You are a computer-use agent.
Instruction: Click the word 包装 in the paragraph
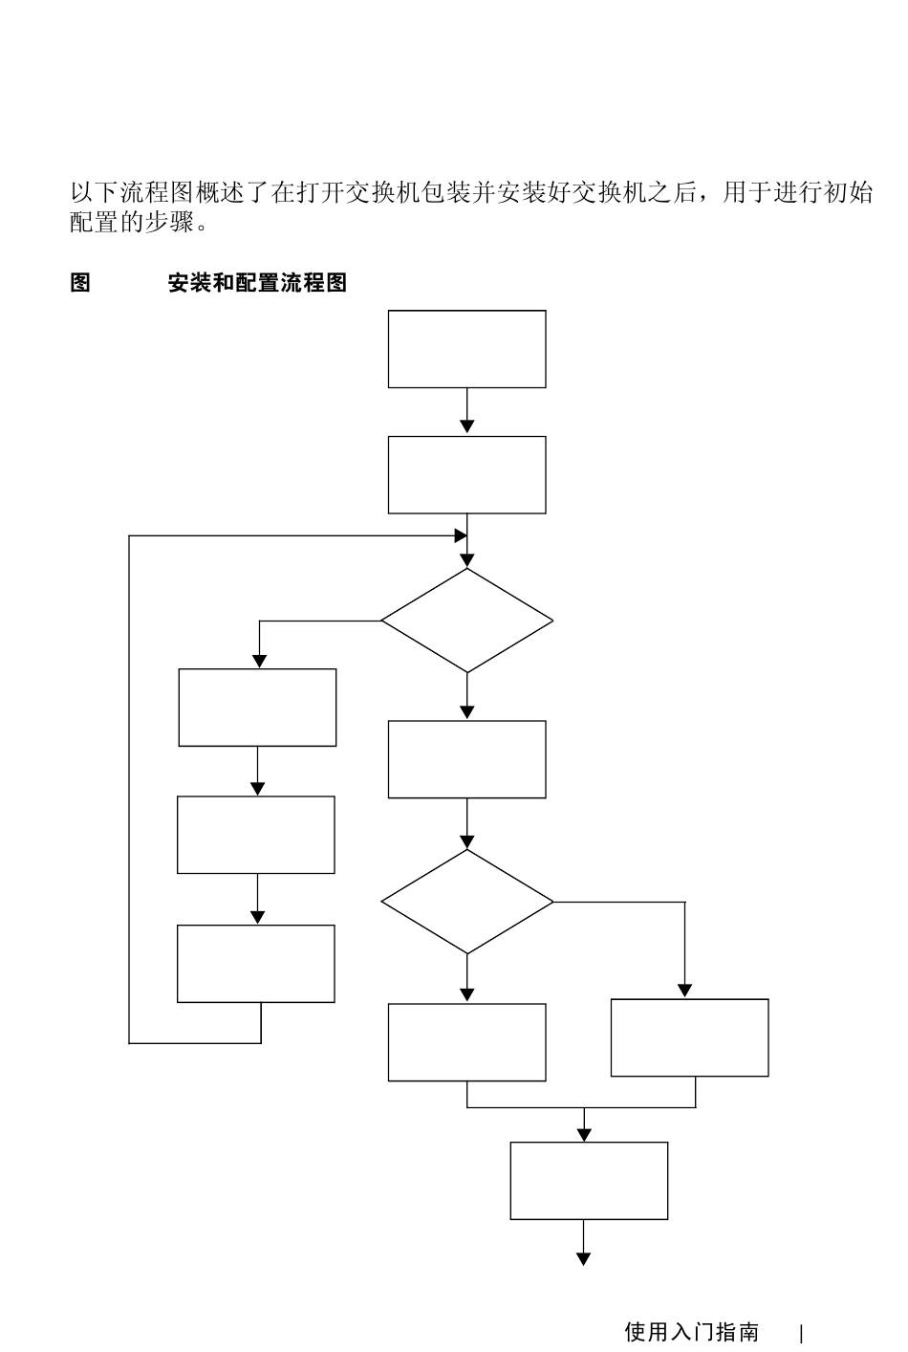[445, 192]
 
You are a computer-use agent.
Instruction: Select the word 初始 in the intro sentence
[849, 192]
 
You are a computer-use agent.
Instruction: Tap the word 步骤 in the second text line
[169, 222]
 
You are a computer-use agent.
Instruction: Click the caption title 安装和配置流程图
[258, 282]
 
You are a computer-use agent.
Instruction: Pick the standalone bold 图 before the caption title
[80, 282]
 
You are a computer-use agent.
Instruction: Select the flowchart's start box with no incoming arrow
[467, 349]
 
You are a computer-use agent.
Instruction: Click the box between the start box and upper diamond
[467, 475]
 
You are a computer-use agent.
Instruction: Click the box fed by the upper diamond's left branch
[258, 708]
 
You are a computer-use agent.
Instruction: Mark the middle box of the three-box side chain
[256, 835]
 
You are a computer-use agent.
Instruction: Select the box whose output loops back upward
[256, 964]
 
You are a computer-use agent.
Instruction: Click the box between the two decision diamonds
[467, 759]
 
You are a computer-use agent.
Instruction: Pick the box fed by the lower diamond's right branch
[689, 1037]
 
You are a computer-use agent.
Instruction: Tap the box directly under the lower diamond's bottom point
[467, 1042]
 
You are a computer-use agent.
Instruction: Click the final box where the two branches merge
[589, 1181]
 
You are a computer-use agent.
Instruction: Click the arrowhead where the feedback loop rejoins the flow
[461, 535]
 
